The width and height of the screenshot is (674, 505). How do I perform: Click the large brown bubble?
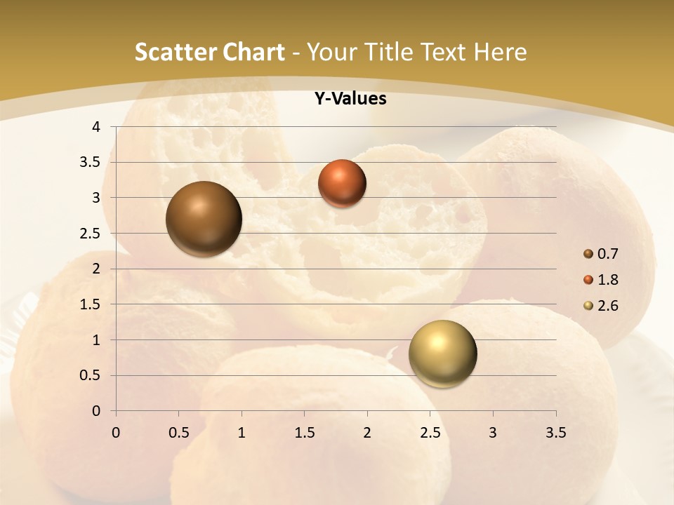point(204,219)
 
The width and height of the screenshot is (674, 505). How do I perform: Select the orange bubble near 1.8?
point(342,183)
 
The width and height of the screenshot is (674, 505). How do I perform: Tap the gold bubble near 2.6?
point(442,353)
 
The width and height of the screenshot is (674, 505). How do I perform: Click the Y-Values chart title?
point(350,99)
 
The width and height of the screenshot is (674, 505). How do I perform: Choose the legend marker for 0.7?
point(588,254)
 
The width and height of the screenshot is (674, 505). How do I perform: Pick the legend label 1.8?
point(608,280)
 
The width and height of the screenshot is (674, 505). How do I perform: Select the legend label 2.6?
point(608,306)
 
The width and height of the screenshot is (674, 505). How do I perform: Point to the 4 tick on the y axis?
point(97,127)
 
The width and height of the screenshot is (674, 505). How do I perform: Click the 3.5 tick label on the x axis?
point(556,433)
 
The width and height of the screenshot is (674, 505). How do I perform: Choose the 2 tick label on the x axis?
point(367,433)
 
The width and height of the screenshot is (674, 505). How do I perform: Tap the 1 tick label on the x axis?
point(242,433)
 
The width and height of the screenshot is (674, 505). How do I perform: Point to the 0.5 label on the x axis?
point(178,433)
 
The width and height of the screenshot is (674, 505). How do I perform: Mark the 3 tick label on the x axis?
point(493,433)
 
